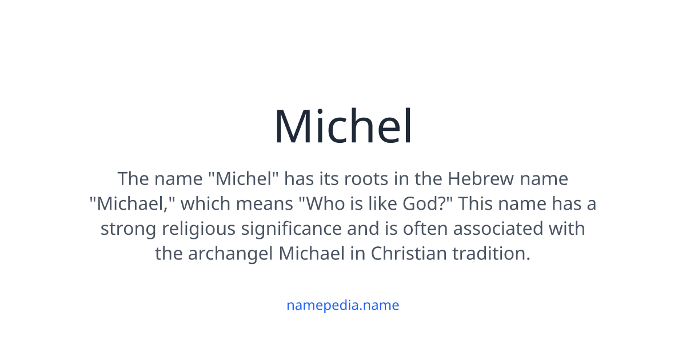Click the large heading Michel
[x=343, y=126]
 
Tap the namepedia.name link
[x=343, y=305]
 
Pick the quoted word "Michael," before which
[x=131, y=204]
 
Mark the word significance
[x=296, y=229]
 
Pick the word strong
[x=129, y=229]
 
